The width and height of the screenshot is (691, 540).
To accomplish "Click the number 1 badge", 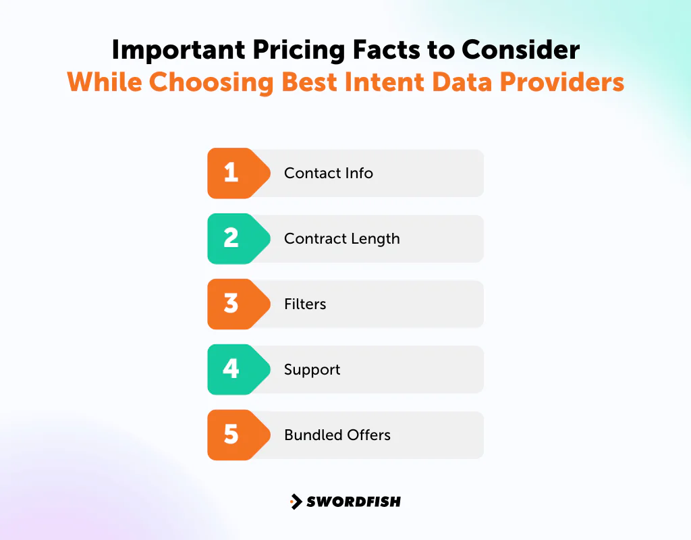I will tap(231, 173).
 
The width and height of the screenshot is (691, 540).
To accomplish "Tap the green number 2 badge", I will tap(231, 238).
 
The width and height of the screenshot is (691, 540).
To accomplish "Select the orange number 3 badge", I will tap(231, 304).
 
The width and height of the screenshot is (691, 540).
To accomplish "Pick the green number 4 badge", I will tap(231, 369).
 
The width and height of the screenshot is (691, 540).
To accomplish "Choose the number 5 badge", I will tap(231, 435).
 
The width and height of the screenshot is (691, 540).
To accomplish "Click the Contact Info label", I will tap(328, 173).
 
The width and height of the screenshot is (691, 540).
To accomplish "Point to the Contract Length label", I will tap(341, 238).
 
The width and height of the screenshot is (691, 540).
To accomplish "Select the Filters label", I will tap(305, 304).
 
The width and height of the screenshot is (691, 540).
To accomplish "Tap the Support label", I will tap(312, 369).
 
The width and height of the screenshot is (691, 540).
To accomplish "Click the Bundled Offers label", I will tap(337, 435).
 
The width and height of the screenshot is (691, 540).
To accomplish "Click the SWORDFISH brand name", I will tap(354, 502).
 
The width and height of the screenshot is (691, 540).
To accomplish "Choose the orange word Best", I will tap(310, 82).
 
